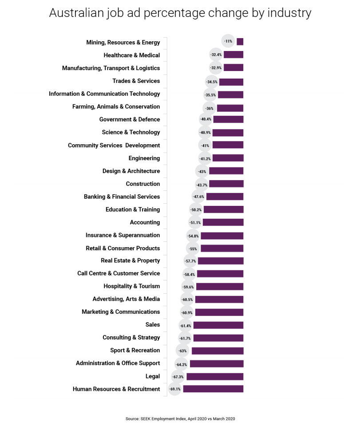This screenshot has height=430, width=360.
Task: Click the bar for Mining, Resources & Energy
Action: [x=240, y=42]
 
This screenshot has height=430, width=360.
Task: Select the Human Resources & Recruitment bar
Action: [x=213, y=389]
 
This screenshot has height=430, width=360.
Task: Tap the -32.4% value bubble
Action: [x=216, y=55]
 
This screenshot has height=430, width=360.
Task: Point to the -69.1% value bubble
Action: [x=175, y=389]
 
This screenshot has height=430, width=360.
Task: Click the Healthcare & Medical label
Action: [x=131, y=55]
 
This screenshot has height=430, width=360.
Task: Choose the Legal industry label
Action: [x=152, y=376]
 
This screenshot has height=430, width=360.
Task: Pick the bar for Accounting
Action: [x=223, y=222]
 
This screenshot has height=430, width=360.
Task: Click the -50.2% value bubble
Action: [x=196, y=209]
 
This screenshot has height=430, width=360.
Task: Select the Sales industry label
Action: [x=152, y=325]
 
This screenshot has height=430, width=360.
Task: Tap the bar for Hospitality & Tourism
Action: [x=220, y=287]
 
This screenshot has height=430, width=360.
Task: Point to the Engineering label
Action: [x=144, y=158]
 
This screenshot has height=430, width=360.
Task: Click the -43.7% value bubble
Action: [x=202, y=184]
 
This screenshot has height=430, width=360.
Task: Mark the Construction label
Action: [x=142, y=184]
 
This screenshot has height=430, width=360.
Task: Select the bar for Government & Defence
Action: [x=228, y=119]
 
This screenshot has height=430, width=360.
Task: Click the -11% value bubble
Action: [x=228, y=41]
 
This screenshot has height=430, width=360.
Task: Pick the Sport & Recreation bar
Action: [x=218, y=351]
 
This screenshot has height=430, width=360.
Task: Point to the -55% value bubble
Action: [x=193, y=249]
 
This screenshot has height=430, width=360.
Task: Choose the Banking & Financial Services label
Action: [x=122, y=197]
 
